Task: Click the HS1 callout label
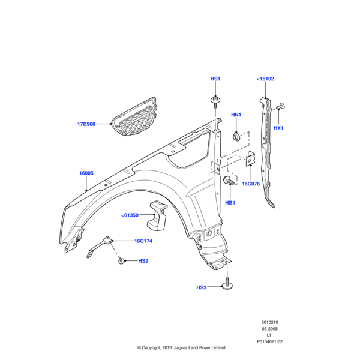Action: tap(215, 79)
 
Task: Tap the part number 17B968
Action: tap(86, 124)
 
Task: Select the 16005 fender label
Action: tap(86, 173)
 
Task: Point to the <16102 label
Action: tap(265, 79)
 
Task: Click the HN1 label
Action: tap(236, 115)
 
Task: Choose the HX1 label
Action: tap(278, 128)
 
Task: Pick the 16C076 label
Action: tap(251, 184)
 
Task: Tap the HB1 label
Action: tap(230, 203)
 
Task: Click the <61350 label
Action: tap(130, 215)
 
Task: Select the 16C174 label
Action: tap(143, 241)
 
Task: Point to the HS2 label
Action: tap(143, 261)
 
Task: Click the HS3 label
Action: tap(201, 287)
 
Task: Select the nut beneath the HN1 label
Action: tap(237, 136)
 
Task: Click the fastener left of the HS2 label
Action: tap(122, 260)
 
